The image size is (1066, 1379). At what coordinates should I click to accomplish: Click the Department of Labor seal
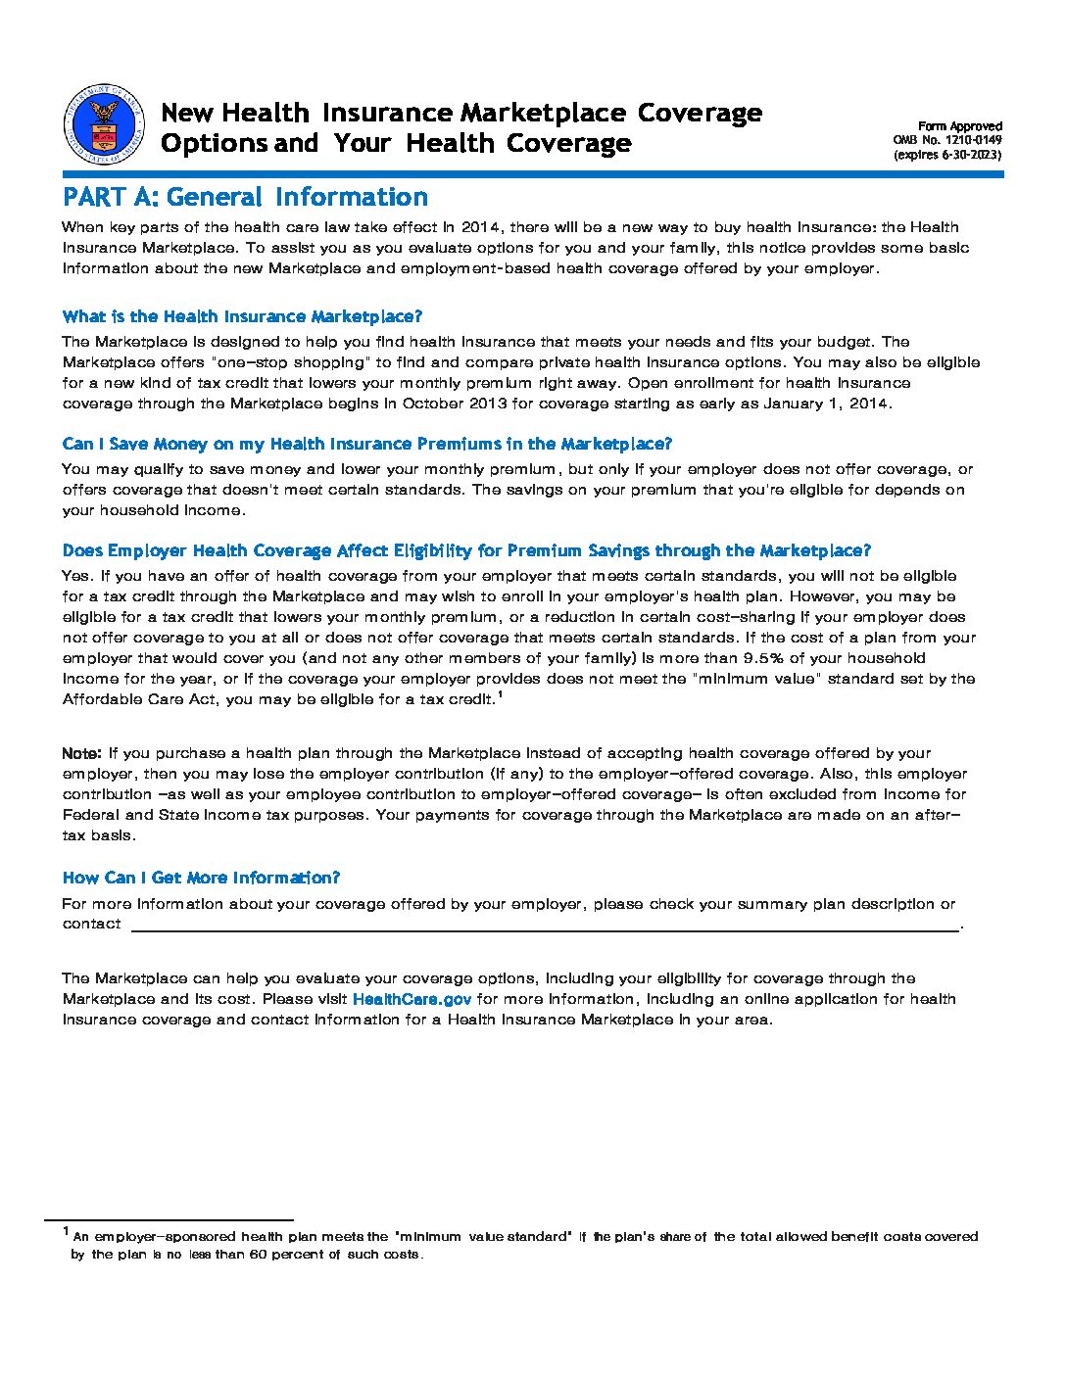103,125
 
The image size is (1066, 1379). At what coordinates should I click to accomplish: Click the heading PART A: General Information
245,198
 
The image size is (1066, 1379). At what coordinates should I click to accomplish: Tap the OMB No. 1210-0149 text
946,140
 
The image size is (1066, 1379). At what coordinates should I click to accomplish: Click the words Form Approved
959,126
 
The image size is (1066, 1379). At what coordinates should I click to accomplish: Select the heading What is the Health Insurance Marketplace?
242,317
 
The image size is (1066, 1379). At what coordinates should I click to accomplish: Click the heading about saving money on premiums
366,445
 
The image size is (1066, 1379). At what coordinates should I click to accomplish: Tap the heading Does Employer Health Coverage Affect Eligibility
465,551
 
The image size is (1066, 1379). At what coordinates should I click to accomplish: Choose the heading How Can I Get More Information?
201,879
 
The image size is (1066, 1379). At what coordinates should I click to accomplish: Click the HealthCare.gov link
412,1000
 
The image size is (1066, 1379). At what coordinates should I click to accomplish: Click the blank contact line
544,926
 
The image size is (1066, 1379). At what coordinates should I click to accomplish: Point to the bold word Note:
81,754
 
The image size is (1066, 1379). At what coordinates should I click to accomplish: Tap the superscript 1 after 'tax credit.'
500,695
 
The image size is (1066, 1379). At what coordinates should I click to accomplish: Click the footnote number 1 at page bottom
67,1231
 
